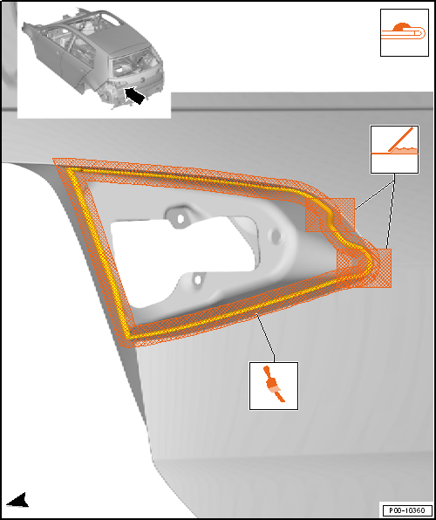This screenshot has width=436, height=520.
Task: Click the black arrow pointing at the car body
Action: click(x=134, y=95)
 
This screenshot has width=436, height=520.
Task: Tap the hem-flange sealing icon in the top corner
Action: click(x=404, y=32)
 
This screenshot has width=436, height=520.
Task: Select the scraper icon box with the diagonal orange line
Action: click(x=394, y=149)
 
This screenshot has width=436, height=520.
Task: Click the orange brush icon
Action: click(x=274, y=384)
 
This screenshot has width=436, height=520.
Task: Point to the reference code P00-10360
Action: click(x=406, y=510)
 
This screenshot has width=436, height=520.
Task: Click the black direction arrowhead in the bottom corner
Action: click(x=18, y=501)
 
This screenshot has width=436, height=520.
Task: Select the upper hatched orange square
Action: click(x=330, y=215)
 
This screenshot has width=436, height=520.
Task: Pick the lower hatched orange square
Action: click(x=364, y=268)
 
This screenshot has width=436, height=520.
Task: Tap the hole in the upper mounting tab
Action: click(x=181, y=218)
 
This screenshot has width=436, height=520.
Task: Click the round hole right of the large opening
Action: click(x=276, y=236)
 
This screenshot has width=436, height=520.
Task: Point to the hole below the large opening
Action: click(x=198, y=280)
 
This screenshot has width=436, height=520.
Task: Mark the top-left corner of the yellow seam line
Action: click(x=68, y=168)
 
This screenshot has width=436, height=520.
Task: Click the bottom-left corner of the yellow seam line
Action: click(x=130, y=338)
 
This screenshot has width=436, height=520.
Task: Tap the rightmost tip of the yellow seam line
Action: click(x=374, y=262)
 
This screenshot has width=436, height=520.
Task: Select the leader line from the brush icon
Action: click(x=266, y=338)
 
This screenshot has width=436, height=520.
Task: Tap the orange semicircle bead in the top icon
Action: click(x=402, y=27)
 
